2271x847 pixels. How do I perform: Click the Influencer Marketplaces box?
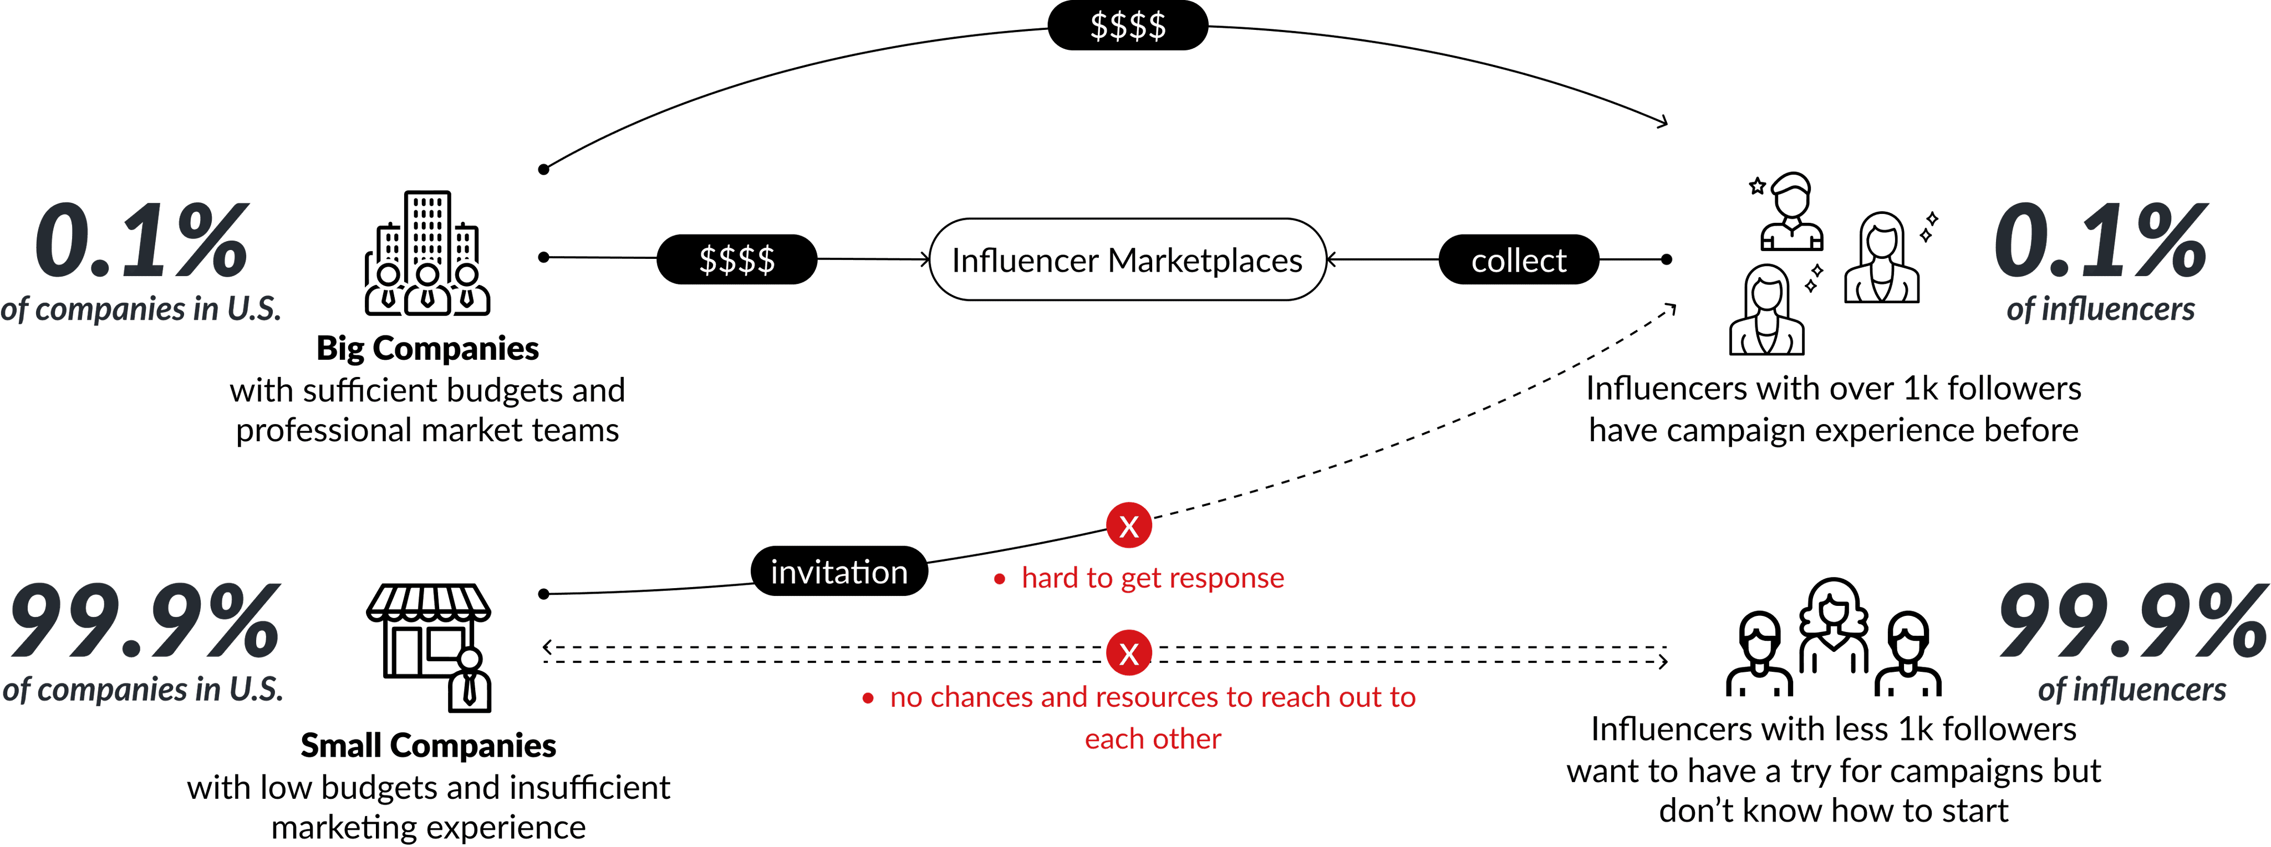[1127, 260]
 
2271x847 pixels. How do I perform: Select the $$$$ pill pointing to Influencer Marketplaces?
[736, 259]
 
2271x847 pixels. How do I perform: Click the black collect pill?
[1518, 260]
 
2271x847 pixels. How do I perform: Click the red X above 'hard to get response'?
[1128, 526]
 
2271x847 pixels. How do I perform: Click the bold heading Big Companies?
[427, 348]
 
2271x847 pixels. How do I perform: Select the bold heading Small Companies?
[429, 746]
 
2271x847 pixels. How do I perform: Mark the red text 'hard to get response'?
[1152, 578]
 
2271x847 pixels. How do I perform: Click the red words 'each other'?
[1152, 738]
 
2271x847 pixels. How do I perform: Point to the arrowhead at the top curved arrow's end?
[1663, 121]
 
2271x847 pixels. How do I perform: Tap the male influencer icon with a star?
[1790, 212]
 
